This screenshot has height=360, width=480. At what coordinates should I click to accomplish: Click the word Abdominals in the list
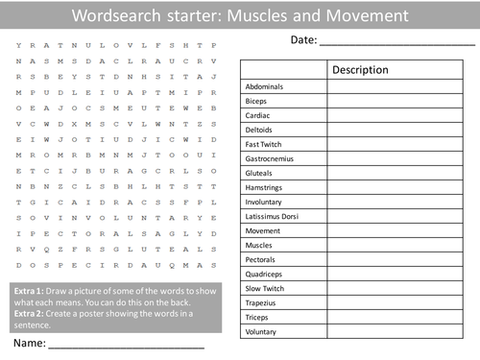point(266,86)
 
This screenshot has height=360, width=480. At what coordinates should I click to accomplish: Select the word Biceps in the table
point(257,100)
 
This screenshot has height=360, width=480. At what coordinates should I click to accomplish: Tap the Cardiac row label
point(258,114)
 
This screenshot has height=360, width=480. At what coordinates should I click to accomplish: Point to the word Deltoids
point(260,129)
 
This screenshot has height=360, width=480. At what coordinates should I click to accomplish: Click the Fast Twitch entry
point(264,143)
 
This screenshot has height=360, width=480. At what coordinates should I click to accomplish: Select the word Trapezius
point(262,302)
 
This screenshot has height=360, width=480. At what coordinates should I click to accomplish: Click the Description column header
point(360,70)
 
